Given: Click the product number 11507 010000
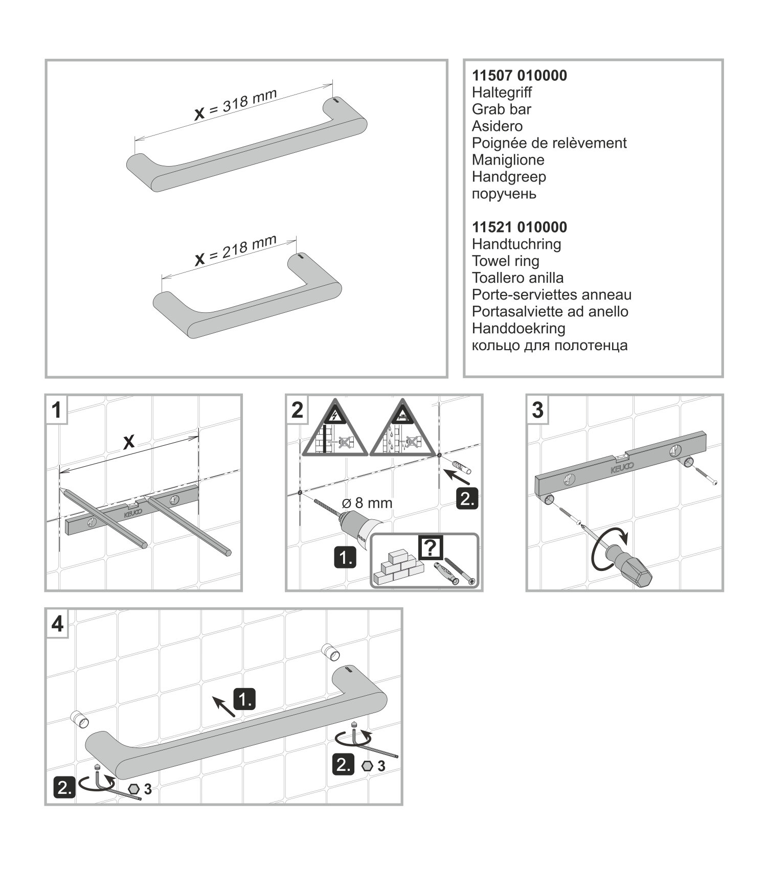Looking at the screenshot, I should pos(519,76).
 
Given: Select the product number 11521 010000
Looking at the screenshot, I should pos(519,227).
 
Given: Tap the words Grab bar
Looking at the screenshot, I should pos(501,109).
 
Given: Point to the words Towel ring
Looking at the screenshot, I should pos(505,261).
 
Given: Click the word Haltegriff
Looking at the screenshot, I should pos(502,93).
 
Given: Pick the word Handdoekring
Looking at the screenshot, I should pos(518,328).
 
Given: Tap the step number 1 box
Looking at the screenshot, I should pos(57,410).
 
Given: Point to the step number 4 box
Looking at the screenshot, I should pos(57,624).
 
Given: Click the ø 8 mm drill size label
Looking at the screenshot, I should pos(367,503).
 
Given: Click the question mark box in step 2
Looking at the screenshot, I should pos(431,547).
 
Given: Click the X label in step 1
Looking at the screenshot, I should pos(129,442).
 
